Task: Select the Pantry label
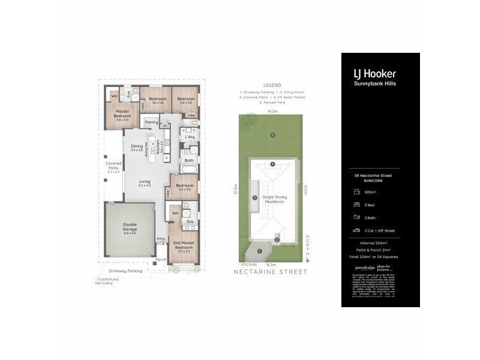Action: (x=151, y=122)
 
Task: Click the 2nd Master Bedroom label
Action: (x=183, y=244)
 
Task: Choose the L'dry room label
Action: (x=190, y=137)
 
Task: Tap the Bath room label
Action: (x=189, y=160)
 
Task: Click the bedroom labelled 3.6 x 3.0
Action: (x=157, y=100)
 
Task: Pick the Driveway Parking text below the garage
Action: (x=125, y=271)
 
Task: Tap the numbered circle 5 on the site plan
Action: (x=272, y=135)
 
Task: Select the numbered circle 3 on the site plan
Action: (x=254, y=197)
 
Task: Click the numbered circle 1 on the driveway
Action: (x=260, y=251)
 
